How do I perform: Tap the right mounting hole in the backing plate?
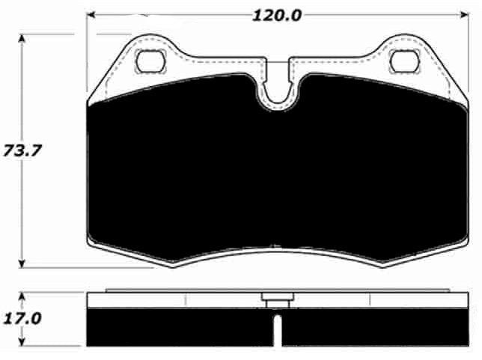tap(404, 58)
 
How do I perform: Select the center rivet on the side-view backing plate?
tap(275, 301)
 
